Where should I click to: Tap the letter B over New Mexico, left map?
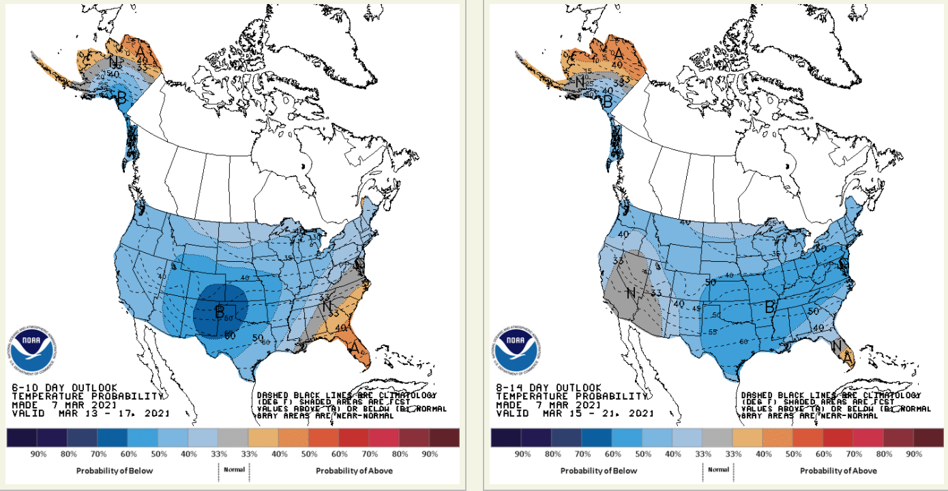pos(220,312)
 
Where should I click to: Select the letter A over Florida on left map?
pos(355,347)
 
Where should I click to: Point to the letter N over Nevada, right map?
pos(632,294)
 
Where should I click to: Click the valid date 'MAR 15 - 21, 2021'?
pos(598,413)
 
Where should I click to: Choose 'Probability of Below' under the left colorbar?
pos(115,471)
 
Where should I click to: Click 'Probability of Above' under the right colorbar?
pos(838,471)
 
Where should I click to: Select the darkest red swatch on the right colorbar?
pos(928,437)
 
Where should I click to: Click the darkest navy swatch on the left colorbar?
pos(22,437)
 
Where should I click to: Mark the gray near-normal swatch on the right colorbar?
pos(717,437)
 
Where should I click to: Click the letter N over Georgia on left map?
pos(327,308)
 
